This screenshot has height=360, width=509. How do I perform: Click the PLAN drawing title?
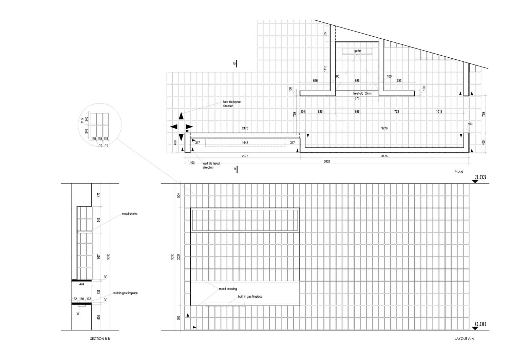458,172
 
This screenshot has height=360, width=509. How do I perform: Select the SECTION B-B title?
100,339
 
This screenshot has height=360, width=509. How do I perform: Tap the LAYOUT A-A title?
464,339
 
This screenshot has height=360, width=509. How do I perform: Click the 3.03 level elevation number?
480,177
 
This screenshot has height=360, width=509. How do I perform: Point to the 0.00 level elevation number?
480,324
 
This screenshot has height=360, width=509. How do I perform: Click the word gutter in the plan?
358,51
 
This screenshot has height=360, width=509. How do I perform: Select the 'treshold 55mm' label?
363,93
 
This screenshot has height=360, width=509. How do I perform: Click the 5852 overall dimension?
327,162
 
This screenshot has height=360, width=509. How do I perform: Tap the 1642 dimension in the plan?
245,143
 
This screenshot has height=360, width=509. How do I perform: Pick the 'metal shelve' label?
130,214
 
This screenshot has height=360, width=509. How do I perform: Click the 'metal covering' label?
228,289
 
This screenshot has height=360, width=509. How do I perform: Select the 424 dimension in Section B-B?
81,284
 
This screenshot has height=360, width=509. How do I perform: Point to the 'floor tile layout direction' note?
231,104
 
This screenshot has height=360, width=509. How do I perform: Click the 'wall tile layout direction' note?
211,165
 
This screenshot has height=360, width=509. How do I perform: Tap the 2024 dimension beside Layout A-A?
178,257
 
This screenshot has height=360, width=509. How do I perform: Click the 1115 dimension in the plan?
325,69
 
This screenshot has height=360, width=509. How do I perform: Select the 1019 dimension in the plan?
439,112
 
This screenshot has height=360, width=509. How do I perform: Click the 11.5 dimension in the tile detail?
82,121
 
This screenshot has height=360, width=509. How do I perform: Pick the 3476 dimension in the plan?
384,156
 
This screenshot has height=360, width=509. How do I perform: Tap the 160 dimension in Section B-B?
81,299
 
